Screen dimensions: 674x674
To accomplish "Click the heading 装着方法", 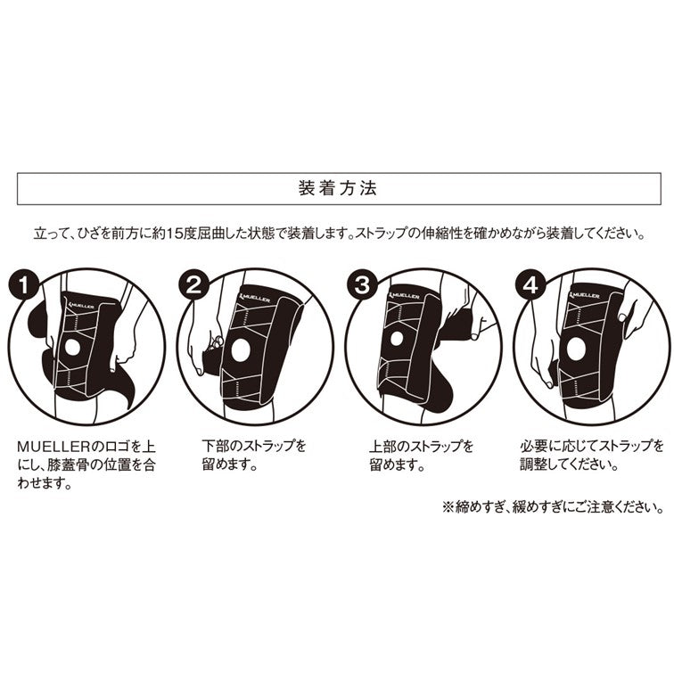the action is pyautogui.click(x=337, y=188).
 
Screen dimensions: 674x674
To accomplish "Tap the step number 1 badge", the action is pyautogui.click(x=23, y=284).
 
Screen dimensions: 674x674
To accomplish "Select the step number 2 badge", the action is pyautogui.click(x=193, y=284).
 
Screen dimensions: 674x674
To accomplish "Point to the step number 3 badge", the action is pyautogui.click(x=362, y=284).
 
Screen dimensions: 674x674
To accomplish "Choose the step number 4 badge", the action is pyautogui.click(x=531, y=284).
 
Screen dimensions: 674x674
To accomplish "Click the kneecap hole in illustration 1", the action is pyautogui.click(x=72, y=349).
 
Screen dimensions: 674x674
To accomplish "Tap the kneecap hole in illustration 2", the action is pyautogui.click(x=241, y=349).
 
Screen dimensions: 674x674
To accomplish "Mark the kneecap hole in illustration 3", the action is pyautogui.click(x=397, y=339).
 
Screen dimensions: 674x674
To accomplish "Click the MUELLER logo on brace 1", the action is pyautogui.click(x=81, y=305).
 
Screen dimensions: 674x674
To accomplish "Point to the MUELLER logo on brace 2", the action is pyautogui.click(x=255, y=297).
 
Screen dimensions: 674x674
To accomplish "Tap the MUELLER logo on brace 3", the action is pyautogui.click(x=404, y=296).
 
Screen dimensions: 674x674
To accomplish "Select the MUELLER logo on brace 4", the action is pyautogui.click(x=585, y=296).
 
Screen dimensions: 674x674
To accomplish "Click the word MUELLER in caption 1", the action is pyautogui.click(x=53, y=447).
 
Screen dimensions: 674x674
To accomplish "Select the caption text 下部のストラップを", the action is pyautogui.click(x=254, y=446).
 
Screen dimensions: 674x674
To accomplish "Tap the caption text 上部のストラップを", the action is pyautogui.click(x=421, y=446).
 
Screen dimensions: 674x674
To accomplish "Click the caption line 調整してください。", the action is pyautogui.click(x=570, y=464).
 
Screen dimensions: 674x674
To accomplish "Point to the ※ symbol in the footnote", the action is pyautogui.click(x=449, y=507).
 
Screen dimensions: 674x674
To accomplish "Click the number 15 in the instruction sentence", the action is pyautogui.click(x=173, y=234).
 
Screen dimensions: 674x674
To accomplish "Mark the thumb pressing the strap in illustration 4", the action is pyautogui.click(x=621, y=317).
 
